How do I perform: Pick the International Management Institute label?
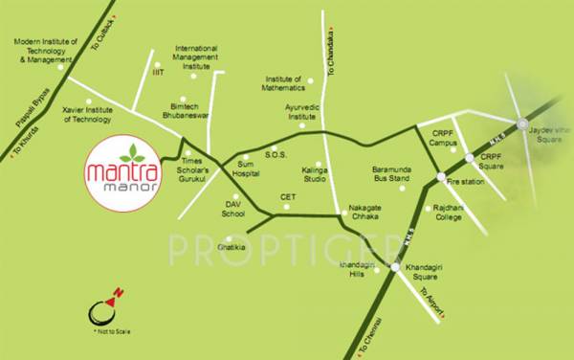pyautogui.click(x=197, y=58)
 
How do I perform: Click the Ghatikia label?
pyautogui.click(x=232, y=248)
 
